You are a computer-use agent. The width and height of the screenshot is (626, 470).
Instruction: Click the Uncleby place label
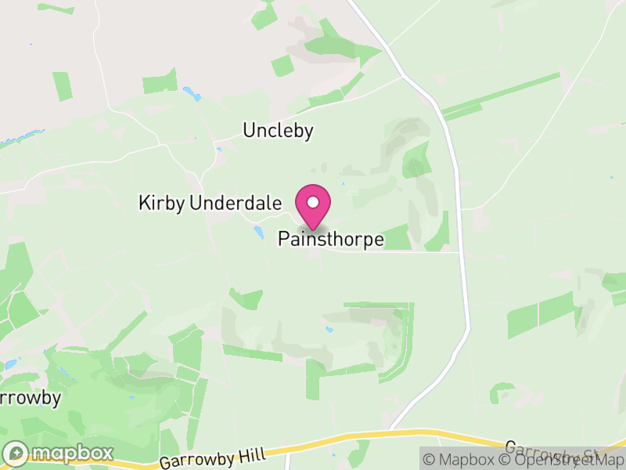[x=278, y=130]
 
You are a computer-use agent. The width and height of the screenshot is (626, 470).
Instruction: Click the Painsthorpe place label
[x=331, y=240]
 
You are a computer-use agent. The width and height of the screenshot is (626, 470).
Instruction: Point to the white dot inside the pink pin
[x=313, y=202]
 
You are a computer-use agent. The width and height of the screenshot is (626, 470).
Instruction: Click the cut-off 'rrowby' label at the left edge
[x=30, y=398]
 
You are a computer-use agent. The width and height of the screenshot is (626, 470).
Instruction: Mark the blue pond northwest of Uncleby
[x=192, y=94]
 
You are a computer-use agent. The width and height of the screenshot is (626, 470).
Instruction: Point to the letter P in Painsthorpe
[x=283, y=240]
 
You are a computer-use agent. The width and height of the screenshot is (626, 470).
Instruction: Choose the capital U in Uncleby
[x=249, y=130]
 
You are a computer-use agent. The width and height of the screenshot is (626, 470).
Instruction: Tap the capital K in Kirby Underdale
[x=144, y=204]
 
